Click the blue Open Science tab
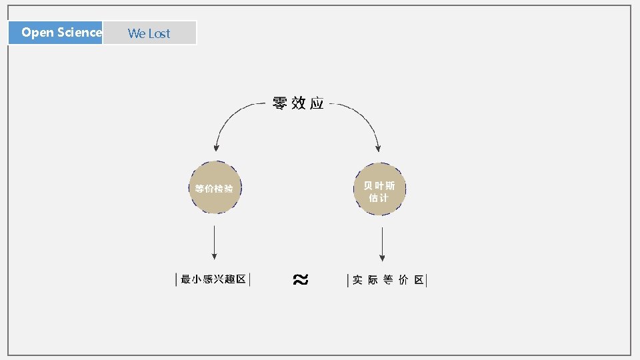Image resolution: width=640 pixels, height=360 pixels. click(x=55, y=33)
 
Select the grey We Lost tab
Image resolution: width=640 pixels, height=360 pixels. click(x=149, y=33)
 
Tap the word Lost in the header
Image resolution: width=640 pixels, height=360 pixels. click(x=159, y=33)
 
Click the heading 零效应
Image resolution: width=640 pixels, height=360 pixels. click(x=298, y=103)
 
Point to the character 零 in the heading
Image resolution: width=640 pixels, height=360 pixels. click(x=280, y=103)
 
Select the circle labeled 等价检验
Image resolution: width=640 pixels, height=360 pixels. click(x=215, y=188)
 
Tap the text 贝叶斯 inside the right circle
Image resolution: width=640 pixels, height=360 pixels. click(x=379, y=185)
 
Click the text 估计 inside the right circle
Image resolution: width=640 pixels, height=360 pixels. click(x=379, y=198)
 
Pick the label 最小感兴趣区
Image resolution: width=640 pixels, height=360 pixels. click(x=213, y=280)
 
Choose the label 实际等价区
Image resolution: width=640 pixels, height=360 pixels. click(x=387, y=280)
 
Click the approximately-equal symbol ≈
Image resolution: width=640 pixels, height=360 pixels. click(x=300, y=280)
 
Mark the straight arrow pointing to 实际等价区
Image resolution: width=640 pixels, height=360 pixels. click(x=382, y=244)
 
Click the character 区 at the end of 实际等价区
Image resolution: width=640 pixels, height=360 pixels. click(x=419, y=280)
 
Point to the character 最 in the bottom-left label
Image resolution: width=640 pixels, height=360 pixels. click(x=186, y=280)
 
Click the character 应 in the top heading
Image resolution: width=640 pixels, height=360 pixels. click(x=317, y=103)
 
